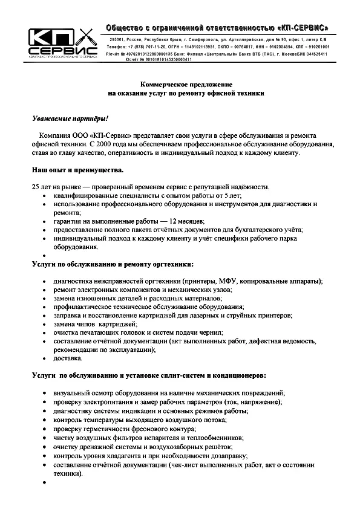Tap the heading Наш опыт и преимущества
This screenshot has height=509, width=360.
point(73,171)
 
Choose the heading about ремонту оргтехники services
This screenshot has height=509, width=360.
point(113,264)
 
